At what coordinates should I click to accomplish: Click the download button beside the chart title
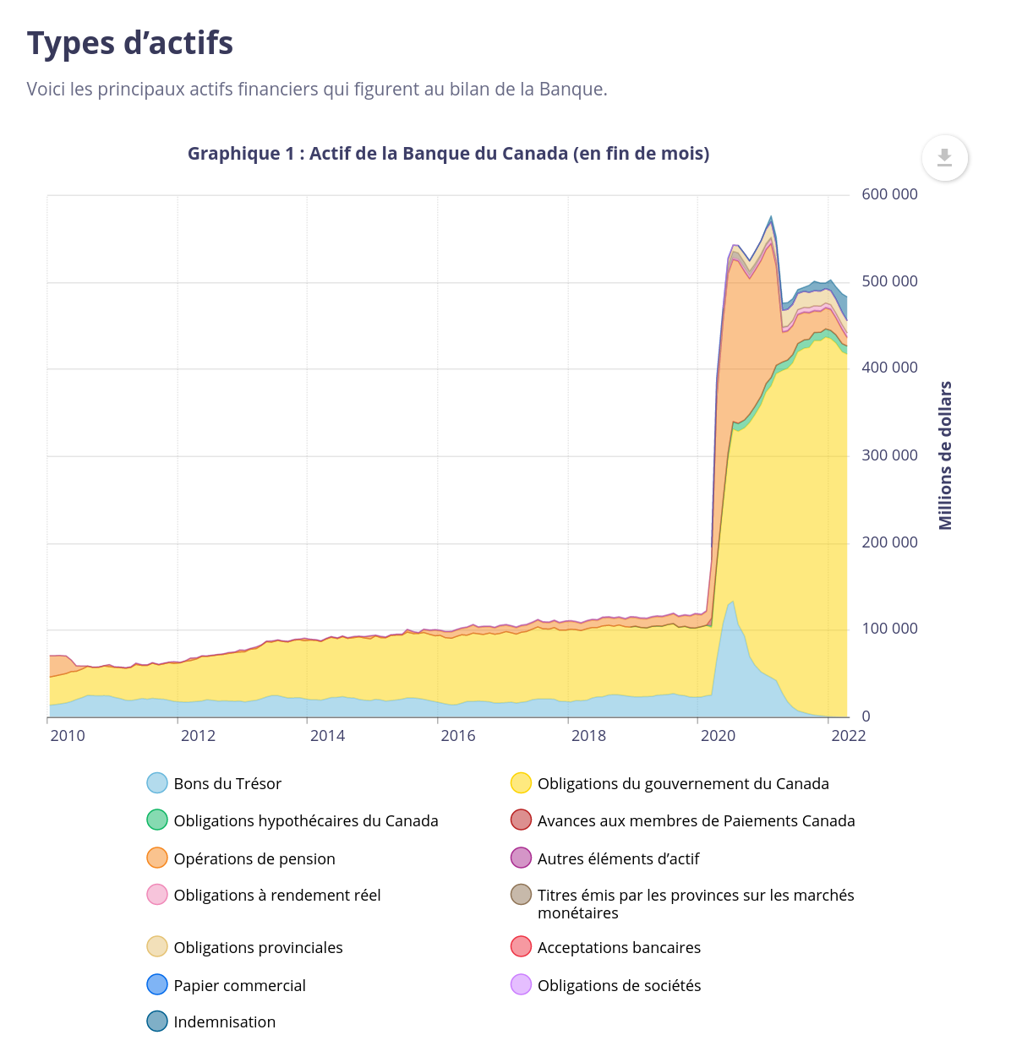point(944,158)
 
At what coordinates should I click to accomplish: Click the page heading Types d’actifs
point(130,44)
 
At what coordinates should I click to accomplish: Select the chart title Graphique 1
point(448,154)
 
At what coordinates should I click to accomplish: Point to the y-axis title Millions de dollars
point(945,455)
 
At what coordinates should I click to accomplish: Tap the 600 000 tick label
point(889,194)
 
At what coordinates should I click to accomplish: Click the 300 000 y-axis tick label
point(889,455)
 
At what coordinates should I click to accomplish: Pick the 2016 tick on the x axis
point(458,736)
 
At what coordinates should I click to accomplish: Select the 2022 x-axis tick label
point(848,736)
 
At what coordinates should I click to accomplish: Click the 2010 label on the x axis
point(68,736)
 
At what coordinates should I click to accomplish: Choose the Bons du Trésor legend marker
point(157,783)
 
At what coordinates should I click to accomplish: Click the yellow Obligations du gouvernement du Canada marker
point(521,783)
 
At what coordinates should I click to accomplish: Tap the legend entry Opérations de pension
point(254,858)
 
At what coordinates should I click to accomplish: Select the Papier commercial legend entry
point(239,985)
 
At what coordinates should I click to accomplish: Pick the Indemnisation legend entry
point(224,1021)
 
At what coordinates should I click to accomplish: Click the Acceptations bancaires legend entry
point(619,947)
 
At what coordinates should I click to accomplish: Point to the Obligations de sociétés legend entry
point(619,985)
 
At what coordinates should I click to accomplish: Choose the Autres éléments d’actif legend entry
point(618,858)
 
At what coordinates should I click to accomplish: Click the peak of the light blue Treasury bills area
point(732,602)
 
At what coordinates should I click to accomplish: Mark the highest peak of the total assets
point(770,217)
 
